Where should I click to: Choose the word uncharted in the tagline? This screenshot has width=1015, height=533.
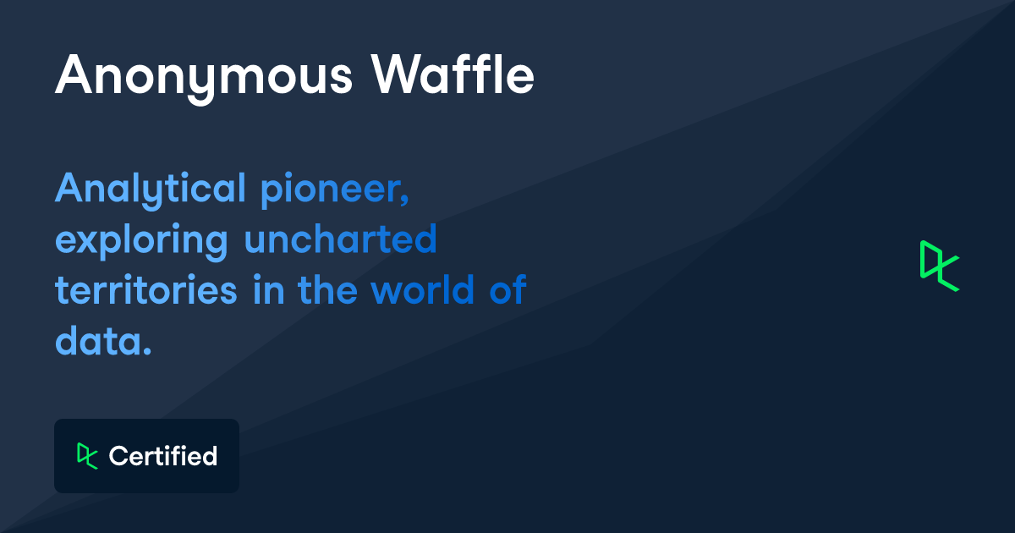coord(341,240)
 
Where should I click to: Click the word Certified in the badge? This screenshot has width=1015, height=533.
coord(163,457)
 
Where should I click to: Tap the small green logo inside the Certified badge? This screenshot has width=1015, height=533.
coord(86,456)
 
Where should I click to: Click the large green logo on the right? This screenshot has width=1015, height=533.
coord(939,266)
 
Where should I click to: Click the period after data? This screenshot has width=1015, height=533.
coord(146,351)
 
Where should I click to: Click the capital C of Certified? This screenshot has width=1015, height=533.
coord(118,457)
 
